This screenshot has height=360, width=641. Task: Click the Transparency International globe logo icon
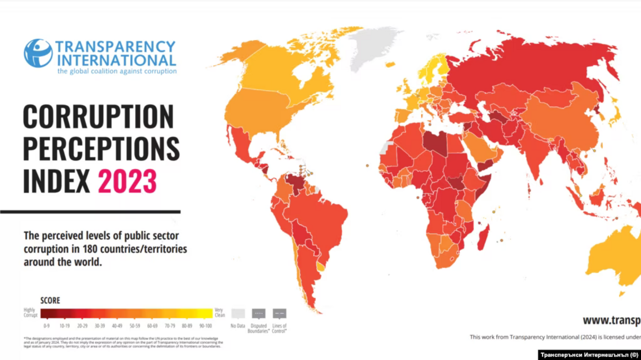(38, 53)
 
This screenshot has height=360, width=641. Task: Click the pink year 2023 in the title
(127, 182)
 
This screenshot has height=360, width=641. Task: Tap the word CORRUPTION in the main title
(98, 117)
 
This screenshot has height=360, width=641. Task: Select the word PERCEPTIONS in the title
(101, 149)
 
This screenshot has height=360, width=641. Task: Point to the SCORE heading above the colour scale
(50, 300)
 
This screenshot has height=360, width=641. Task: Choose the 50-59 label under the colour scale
(135, 326)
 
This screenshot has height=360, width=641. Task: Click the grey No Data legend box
(238, 313)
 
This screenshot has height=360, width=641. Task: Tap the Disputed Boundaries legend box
(259, 313)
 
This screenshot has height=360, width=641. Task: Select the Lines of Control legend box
(279, 313)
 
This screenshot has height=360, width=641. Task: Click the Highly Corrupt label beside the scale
(30, 313)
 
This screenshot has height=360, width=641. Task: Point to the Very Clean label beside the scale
(219, 313)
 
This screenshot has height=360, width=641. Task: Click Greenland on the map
(373, 45)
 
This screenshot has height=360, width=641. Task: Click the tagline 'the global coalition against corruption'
(117, 71)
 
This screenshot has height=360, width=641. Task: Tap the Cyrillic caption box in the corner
(589, 354)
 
